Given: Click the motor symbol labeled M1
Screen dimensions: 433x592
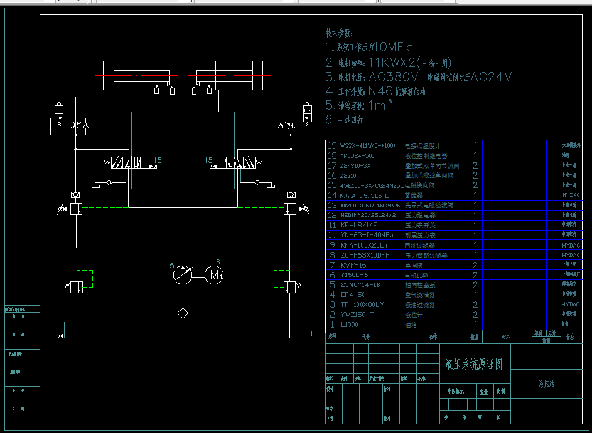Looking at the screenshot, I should pyautogui.click(x=215, y=274).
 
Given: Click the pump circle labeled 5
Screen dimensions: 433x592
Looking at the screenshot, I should pyautogui.click(x=183, y=274).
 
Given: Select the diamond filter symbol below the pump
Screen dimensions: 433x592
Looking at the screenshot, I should pyautogui.click(x=183, y=311).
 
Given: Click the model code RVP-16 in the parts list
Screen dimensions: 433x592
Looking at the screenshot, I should pyautogui.click(x=354, y=265).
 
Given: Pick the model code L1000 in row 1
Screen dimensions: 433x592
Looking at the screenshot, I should pyautogui.click(x=349, y=325).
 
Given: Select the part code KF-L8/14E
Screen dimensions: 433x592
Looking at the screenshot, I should pyautogui.click(x=358, y=225).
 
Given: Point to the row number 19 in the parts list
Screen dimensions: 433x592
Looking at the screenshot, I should pyautogui.click(x=333, y=145).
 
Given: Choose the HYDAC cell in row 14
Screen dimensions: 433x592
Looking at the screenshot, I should pyautogui.click(x=571, y=196).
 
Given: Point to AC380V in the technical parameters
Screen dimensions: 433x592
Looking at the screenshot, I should pyautogui.click(x=394, y=77).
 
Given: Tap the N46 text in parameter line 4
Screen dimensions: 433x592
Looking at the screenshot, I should pyautogui.click(x=380, y=91).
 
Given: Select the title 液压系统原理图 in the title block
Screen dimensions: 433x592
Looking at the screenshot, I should pyautogui.click(x=473, y=364).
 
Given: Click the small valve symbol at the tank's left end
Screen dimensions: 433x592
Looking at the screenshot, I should pyautogui.click(x=60, y=336).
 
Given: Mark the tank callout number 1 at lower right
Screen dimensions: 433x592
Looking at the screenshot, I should pyautogui.click(x=311, y=334).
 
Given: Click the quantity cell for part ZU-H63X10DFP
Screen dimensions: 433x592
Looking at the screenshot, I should pyautogui.click(x=475, y=255).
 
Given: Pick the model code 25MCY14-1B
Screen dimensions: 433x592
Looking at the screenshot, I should pyautogui.click(x=360, y=285).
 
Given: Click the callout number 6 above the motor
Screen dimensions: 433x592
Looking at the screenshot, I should pyautogui.click(x=218, y=262).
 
